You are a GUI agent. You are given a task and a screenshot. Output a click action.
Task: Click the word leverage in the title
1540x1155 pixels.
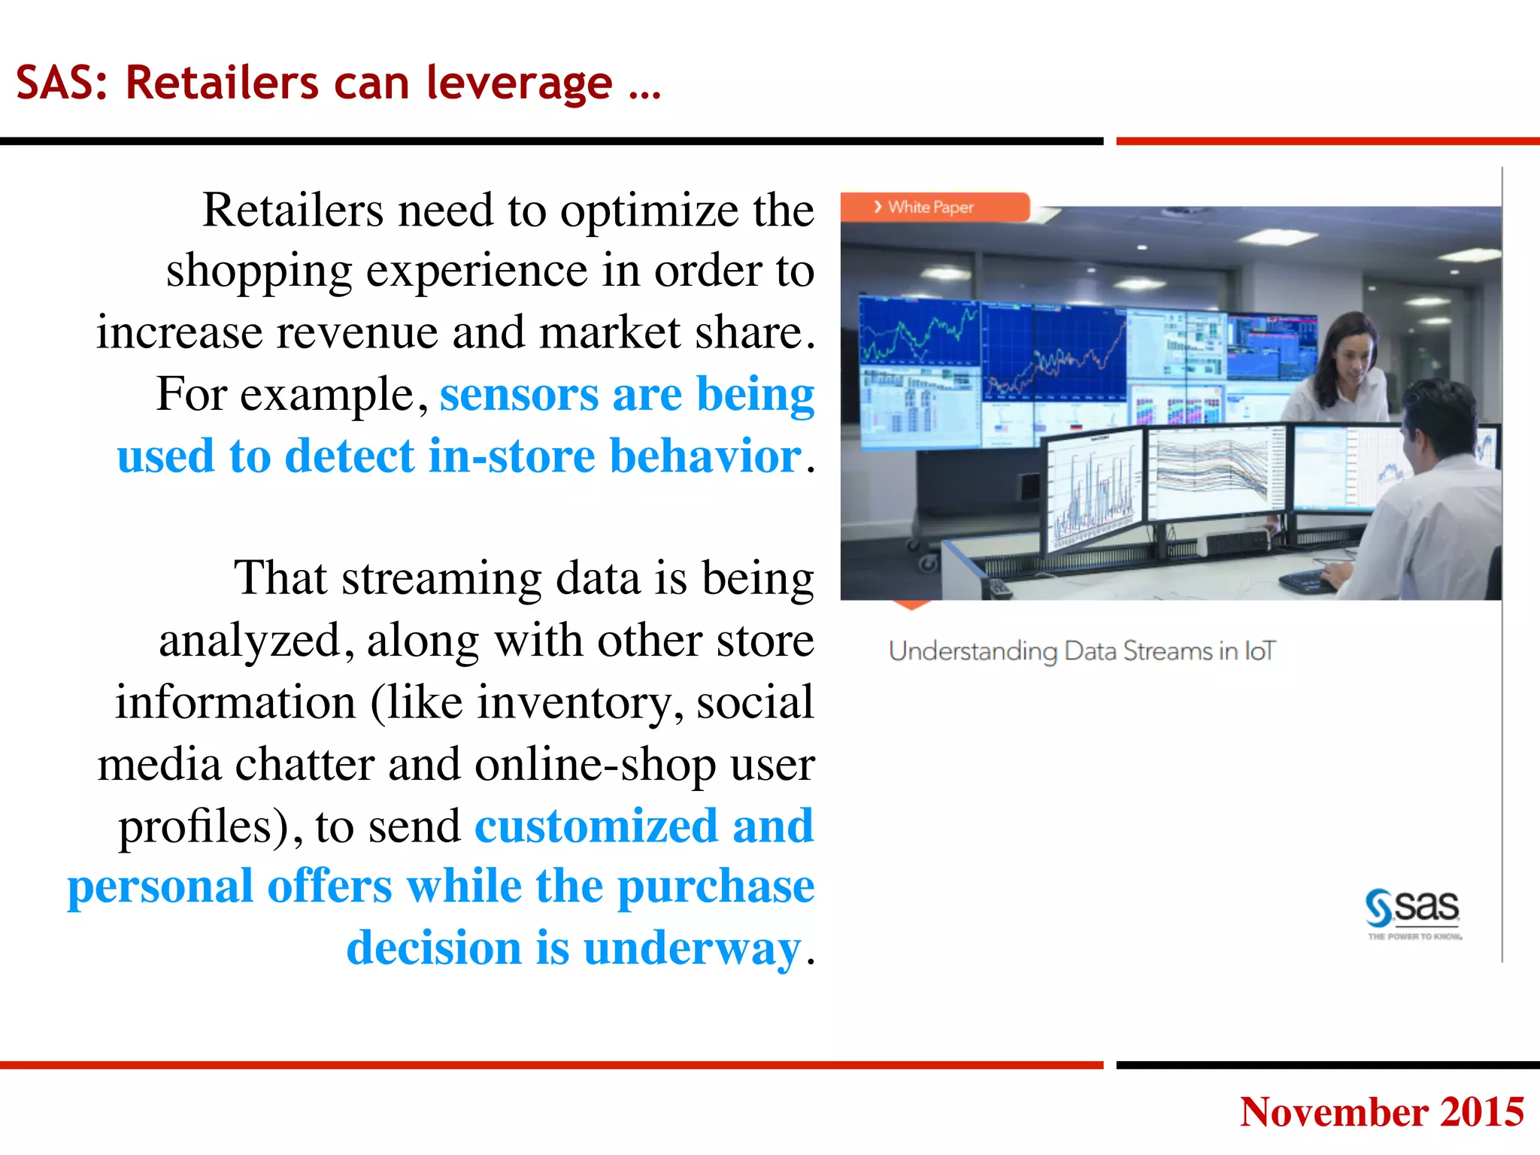519,83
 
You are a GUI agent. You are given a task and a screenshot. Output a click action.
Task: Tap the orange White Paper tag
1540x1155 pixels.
932,207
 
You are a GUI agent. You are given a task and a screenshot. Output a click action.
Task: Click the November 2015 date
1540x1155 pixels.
1381,1111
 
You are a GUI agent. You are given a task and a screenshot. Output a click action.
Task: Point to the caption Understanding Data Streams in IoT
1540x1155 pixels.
1081,651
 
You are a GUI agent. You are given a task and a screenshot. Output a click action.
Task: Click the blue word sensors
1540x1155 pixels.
520,394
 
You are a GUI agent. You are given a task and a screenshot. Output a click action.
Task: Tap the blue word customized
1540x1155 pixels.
596,826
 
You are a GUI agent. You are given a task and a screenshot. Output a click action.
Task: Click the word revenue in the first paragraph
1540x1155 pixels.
356,332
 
